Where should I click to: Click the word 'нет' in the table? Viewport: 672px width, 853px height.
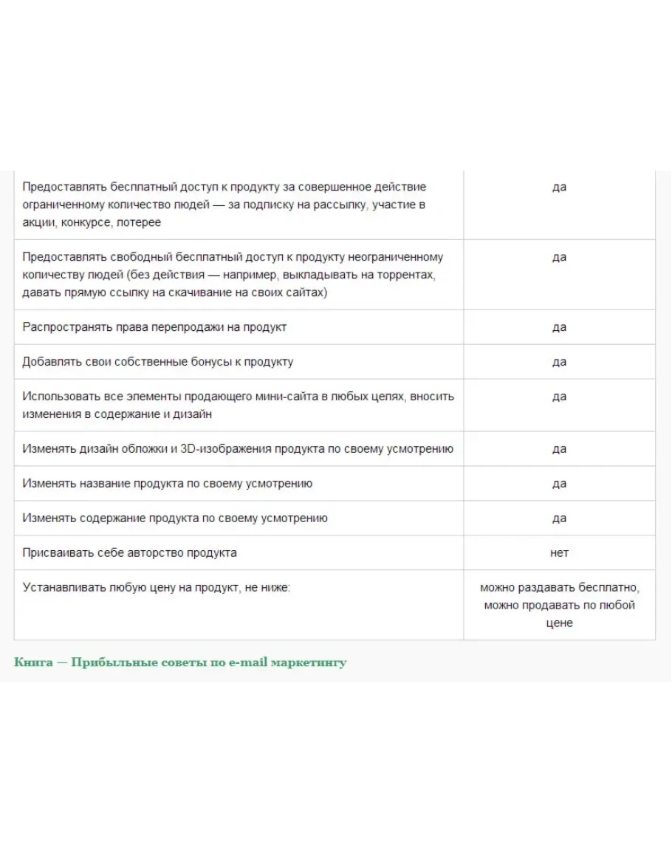click(559, 552)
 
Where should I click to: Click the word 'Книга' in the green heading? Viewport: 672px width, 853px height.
click(33, 662)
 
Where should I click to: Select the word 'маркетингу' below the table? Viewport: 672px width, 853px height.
click(308, 662)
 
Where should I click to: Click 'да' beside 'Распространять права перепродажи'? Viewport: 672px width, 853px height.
click(559, 327)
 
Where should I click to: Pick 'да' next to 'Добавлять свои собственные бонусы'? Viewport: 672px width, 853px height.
click(559, 362)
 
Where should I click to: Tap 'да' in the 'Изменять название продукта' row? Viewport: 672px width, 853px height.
click(559, 484)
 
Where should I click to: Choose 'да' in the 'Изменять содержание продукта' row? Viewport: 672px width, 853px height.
click(559, 518)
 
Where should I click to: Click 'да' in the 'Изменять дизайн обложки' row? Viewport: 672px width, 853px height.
click(559, 449)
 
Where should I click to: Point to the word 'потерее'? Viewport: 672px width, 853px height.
click(140, 222)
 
